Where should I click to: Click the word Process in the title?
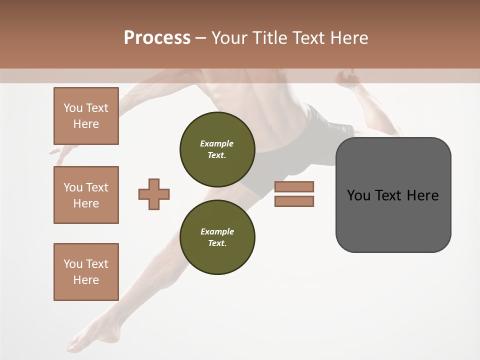coord(157,38)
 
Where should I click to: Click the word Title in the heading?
coord(269,38)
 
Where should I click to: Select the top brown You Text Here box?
coord(86,116)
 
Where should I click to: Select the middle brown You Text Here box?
coord(86,195)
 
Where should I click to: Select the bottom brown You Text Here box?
coord(86,272)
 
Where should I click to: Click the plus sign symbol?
coord(154,194)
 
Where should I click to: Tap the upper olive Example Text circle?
coord(217,149)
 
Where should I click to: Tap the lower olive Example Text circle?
coord(217,237)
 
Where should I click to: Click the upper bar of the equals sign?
coord(294,186)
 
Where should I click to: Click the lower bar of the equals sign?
coord(294,201)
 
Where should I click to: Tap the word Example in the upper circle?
coord(217,143)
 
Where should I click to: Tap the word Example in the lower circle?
coord(217,231)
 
